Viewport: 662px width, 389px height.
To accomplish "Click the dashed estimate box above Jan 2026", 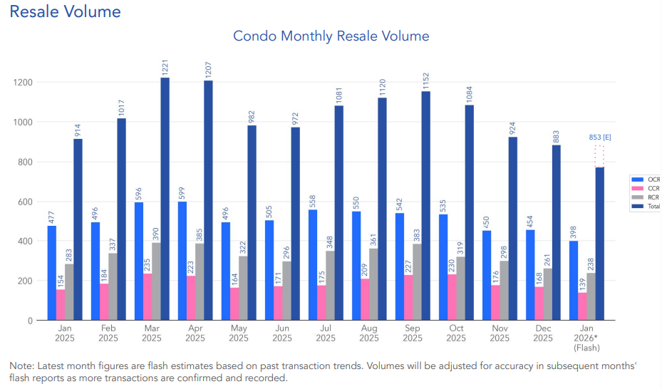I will point(599,157).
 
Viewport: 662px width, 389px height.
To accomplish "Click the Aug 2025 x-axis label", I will point(368,333).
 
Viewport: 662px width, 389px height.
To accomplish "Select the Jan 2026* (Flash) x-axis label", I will point(586,338).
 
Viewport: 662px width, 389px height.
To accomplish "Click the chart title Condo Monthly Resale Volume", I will point(331,36).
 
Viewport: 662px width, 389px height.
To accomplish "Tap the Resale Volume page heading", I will point(65,11).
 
